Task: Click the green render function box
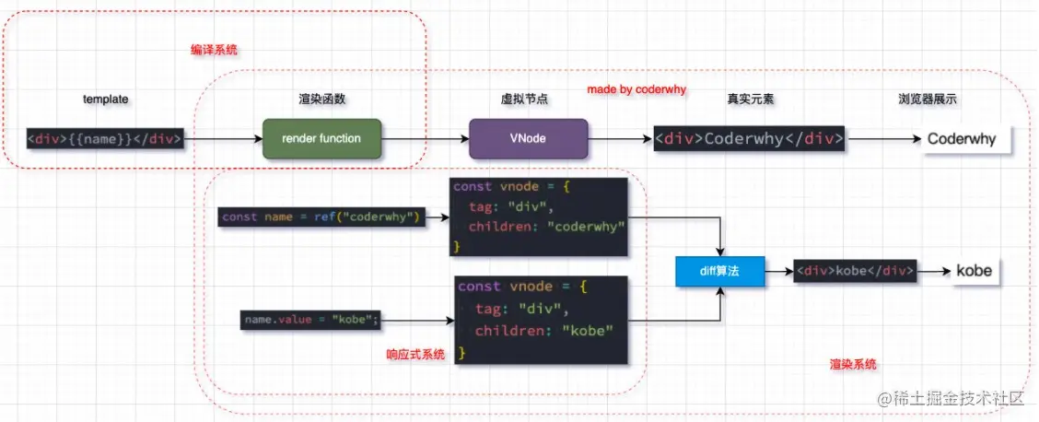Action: click(322, 139)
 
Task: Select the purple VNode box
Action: click(529, 139)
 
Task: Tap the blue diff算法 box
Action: click(719, 272)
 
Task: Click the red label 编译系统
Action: click(208, 51)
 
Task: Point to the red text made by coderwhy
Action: click(636, 90)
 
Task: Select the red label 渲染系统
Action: click(853, 365)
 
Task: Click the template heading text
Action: click(105, 99)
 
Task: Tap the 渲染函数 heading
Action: click(322, 99)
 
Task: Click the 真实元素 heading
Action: click(749, 99)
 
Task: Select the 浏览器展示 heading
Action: click(928, 99)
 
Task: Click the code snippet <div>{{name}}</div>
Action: click(105, 139)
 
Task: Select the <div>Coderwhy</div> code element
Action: click(749, 139)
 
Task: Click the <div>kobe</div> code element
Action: click(855, 272)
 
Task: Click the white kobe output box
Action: click(973, 272)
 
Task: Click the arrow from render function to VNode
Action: click(425, 139)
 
